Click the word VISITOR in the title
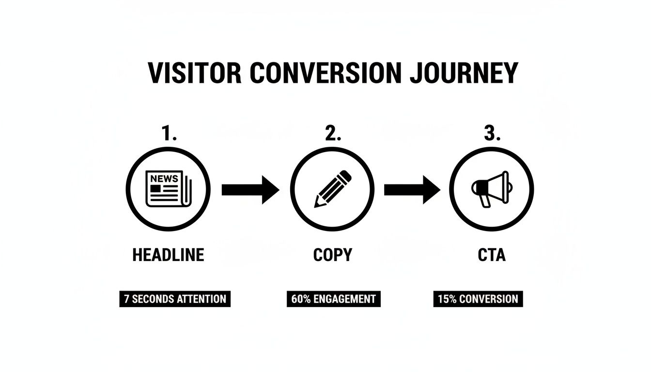194,74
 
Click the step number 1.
168,134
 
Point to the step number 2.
332,134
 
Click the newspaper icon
168,189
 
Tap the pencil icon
332,189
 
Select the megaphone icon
491,188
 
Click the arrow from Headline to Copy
250,189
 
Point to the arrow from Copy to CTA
412,189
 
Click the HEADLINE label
168,255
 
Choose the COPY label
332,255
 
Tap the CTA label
491,255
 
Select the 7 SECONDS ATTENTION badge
175,299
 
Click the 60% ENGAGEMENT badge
333,299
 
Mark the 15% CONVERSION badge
478,299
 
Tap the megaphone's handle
485,201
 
